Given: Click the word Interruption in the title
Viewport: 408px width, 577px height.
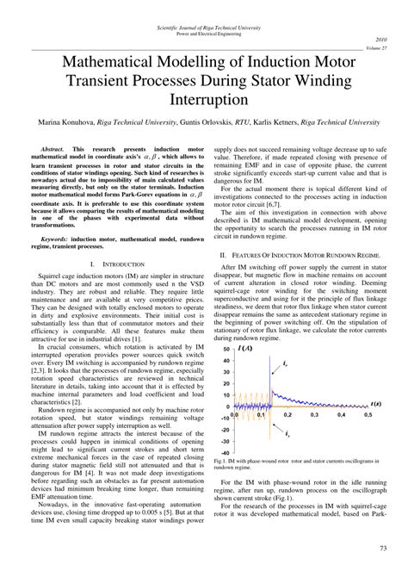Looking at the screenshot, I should coord(203,101).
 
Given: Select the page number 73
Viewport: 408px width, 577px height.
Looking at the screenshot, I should coord(382,549).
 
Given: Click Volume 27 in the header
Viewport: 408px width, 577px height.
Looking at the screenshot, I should coord(380,48).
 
